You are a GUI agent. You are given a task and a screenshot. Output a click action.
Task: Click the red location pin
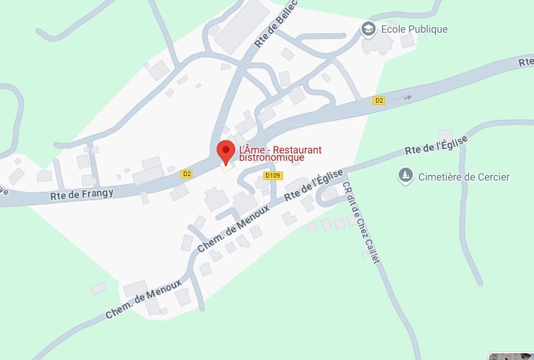point(226,151)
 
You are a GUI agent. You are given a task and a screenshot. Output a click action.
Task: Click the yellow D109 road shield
point(273,176)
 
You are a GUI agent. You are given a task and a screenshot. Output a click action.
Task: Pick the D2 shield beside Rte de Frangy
point(187,174)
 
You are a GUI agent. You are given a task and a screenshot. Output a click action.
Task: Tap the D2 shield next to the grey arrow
point(379,100)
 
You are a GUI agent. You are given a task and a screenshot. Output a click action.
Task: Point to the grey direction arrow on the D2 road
point(407,98)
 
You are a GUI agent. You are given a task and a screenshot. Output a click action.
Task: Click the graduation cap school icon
point(368,29)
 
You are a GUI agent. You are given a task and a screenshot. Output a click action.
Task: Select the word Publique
point(427,29)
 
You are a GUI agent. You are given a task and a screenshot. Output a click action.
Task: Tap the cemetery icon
point(404,177)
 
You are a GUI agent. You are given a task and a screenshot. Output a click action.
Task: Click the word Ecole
point(393,29)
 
